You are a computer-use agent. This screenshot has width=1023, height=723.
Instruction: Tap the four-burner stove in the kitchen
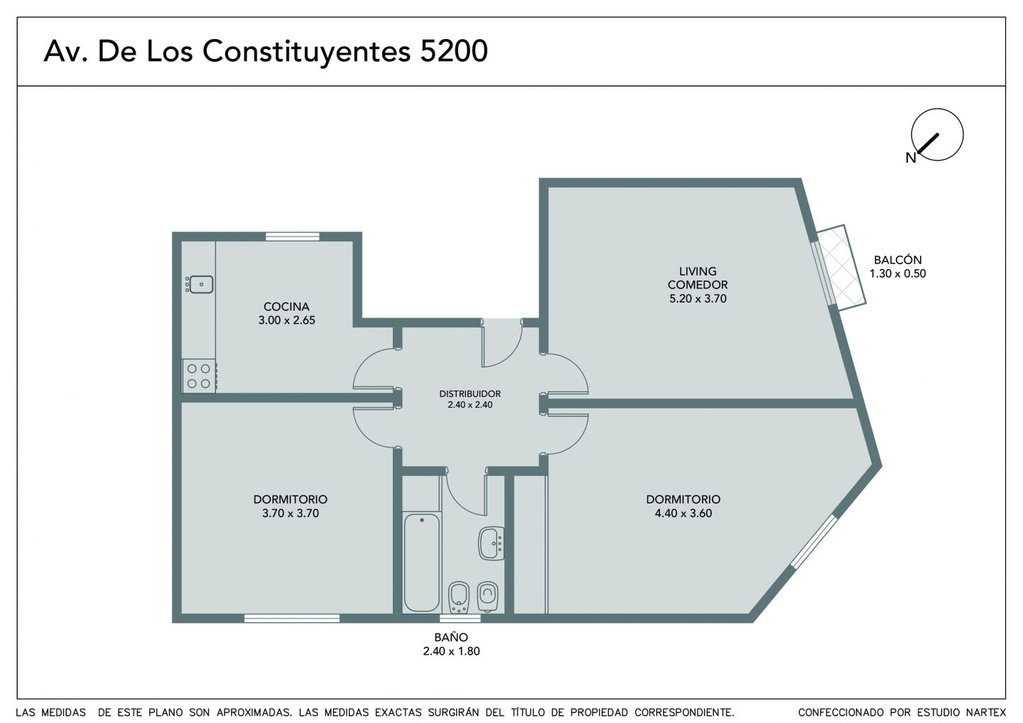200,376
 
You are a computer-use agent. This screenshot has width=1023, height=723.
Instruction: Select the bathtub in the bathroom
421,562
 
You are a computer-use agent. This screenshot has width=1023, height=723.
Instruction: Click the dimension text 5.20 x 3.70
698,298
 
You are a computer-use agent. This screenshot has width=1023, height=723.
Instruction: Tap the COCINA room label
286,306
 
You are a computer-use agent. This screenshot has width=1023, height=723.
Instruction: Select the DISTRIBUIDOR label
470,393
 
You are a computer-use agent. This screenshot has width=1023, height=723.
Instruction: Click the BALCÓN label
898,260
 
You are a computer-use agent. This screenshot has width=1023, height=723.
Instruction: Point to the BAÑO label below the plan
451,637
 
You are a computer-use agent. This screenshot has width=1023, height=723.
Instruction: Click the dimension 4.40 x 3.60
683,513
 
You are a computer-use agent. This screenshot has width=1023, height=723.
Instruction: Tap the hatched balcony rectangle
841,268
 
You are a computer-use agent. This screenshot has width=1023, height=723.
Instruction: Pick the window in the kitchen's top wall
292,237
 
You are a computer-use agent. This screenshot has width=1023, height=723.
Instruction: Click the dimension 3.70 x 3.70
291,513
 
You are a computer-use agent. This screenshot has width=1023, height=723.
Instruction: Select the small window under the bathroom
460,618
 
